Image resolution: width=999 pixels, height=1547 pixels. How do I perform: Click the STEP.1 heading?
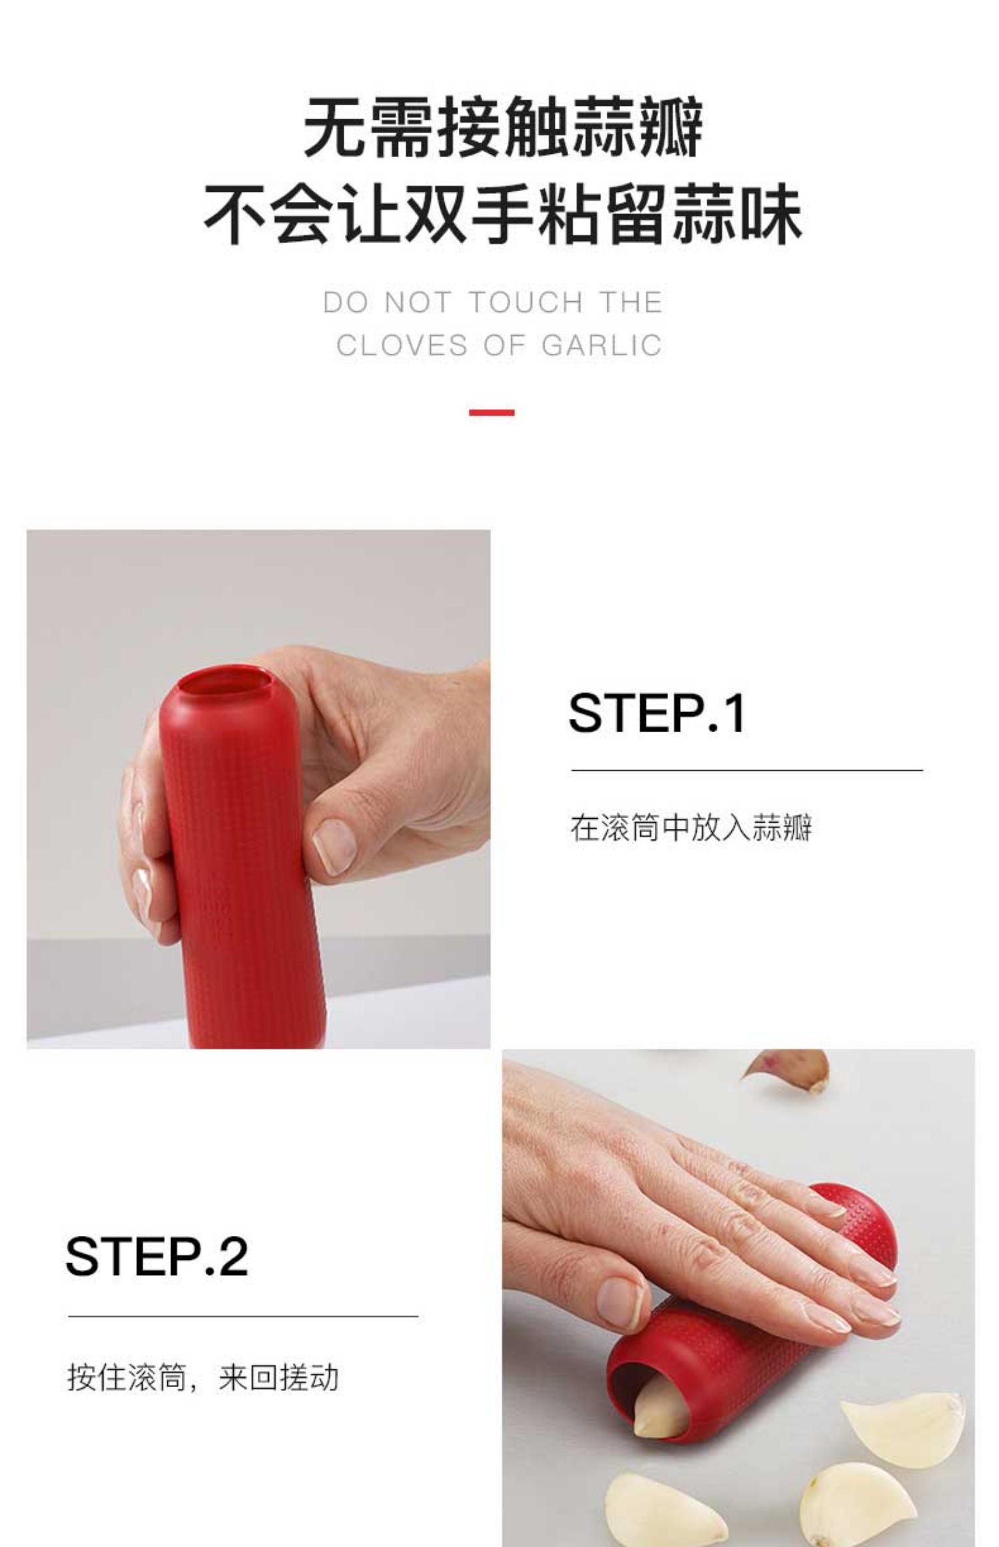(657, 713)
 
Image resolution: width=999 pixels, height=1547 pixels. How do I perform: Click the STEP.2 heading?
(157, 1257)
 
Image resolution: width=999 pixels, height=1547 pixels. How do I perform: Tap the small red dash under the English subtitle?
(492, 412)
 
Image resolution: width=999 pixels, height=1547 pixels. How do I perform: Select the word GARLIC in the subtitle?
(601, 346)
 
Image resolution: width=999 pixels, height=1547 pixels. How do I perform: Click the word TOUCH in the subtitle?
(526, 302)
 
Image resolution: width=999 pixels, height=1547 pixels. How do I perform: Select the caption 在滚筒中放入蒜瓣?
(691, 829)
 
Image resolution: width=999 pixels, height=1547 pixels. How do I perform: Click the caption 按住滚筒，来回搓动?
(203, 1377)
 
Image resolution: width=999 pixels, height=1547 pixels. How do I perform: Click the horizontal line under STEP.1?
(747, 770)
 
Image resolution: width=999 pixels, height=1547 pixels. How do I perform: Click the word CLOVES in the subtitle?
(403, 346)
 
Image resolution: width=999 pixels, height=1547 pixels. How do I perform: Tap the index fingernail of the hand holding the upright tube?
(334, 844)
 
